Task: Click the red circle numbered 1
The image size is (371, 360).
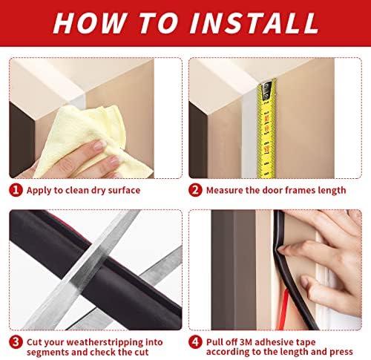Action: (16, 190)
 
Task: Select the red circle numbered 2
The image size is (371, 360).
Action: (196, 190)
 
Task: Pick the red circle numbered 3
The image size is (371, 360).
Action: (16, 341)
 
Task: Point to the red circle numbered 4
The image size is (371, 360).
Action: (196, 341)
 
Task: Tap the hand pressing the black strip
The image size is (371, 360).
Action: (326, 238)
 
